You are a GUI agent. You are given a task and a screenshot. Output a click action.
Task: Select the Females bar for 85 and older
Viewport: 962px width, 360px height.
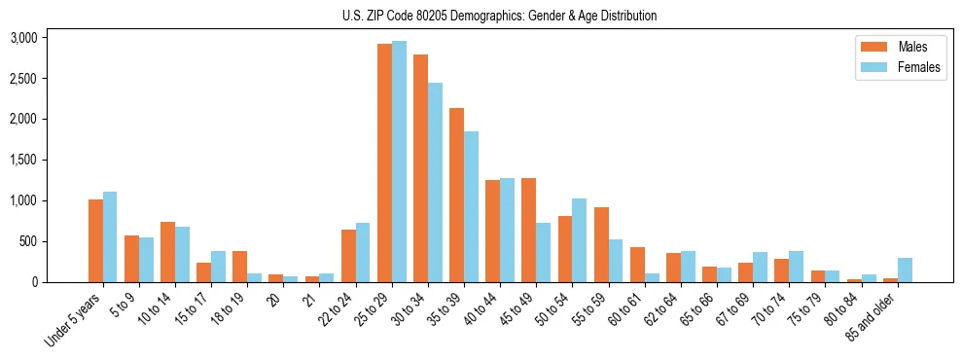click(905, 270)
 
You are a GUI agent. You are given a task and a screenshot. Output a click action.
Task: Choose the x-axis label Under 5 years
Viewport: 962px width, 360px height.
click(73, 322)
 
